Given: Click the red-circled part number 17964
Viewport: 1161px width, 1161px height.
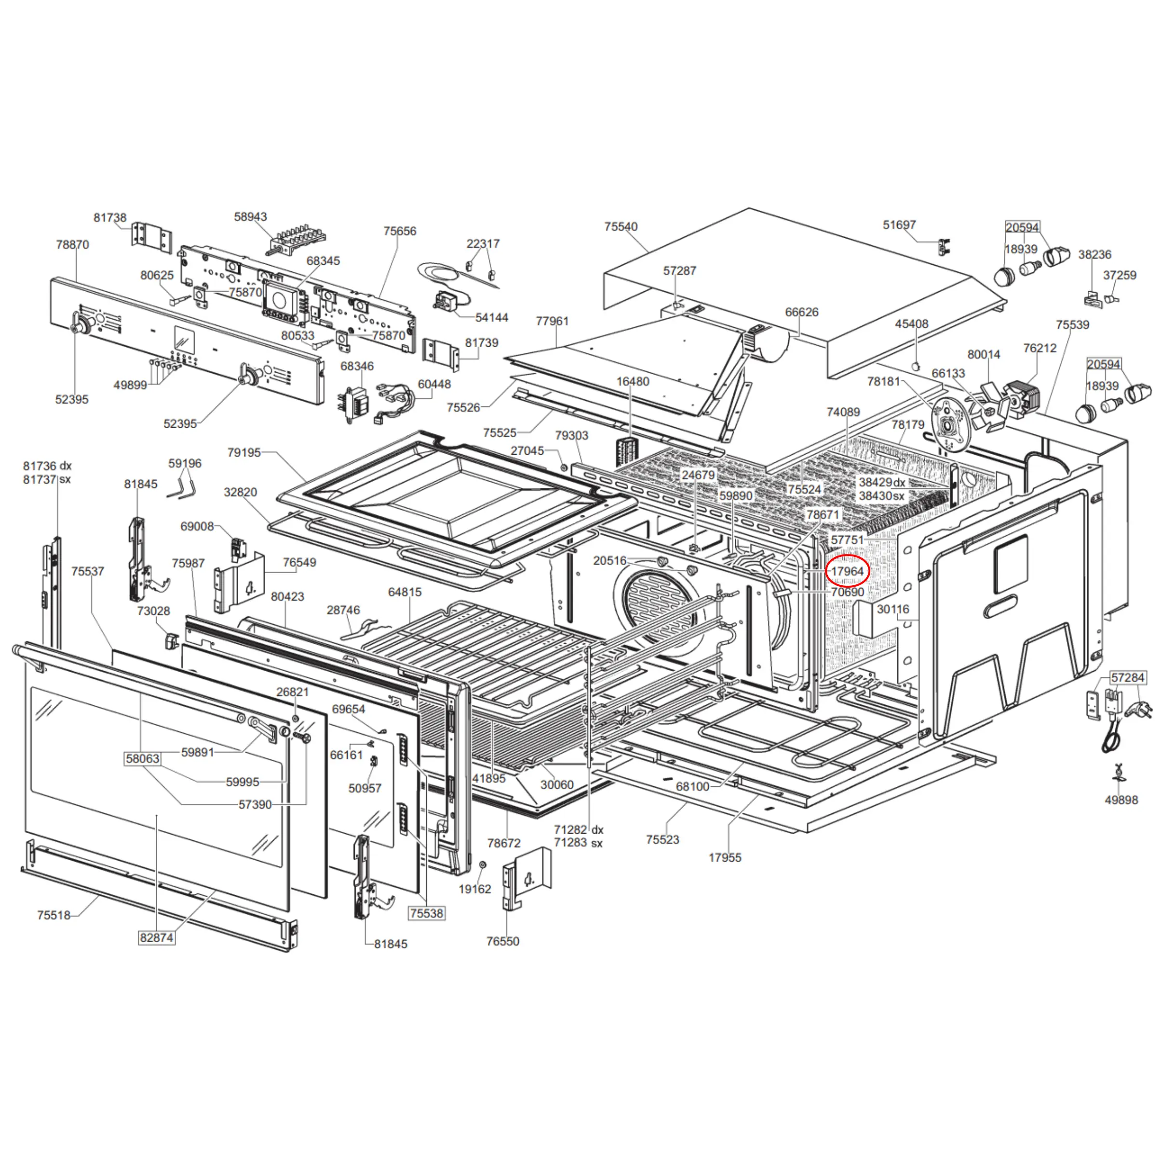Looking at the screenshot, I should coord(847,571).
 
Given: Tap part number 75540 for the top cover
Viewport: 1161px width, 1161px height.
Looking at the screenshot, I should coord(621,227).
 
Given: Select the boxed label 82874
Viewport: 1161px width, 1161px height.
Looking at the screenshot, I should coord(156,937).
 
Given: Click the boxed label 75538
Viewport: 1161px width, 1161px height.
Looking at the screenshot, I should coord(427,913).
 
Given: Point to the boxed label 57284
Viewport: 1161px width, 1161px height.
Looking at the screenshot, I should coord(1127,678).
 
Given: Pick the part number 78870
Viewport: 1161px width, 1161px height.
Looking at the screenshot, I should coord(72,244).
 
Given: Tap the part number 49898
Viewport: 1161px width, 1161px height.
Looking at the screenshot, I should coord(1121,800).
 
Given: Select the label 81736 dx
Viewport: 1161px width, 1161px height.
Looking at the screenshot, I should coord(47,466).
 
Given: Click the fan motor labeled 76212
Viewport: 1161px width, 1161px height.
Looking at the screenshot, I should coord(1022,399).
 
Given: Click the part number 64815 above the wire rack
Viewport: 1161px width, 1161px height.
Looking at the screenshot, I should coord(405,592).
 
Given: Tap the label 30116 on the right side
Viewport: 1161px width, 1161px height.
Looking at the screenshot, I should coord(892,609).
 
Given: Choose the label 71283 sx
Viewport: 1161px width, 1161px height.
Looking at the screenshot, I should coord(578,842).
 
